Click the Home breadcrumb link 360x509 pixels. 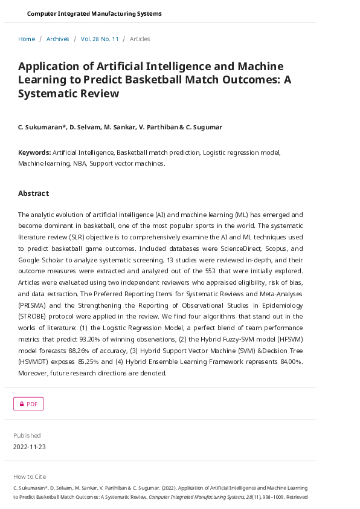(27, 39)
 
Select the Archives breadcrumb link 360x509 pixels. (58, 39)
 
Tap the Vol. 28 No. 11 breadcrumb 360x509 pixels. (100, 39)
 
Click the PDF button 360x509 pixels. (28, 404)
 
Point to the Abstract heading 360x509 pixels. (33, 193)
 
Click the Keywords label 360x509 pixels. (34, 152)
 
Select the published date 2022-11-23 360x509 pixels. (30, 447)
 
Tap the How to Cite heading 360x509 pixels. (30, 476)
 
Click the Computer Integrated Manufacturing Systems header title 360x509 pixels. (94, 13)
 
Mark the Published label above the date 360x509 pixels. (27, 435)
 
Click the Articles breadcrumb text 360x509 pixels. (140, 39)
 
